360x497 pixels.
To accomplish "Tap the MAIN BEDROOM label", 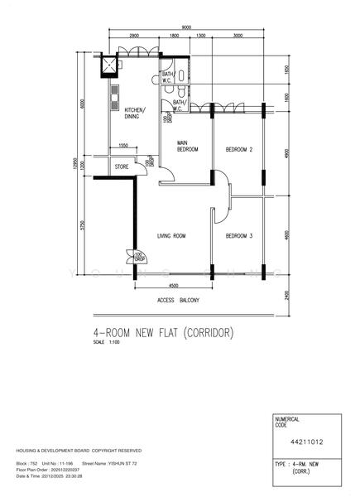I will (188, 146).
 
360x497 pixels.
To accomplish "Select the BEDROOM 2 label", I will (238, 149).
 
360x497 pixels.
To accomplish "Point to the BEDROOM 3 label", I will (238, 236).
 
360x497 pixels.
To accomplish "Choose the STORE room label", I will (121, 167).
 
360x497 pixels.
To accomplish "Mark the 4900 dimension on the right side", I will (286, 154).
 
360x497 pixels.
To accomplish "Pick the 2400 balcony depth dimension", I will (286, 295).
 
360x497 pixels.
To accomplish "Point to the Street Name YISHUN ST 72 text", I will (105, 464).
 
